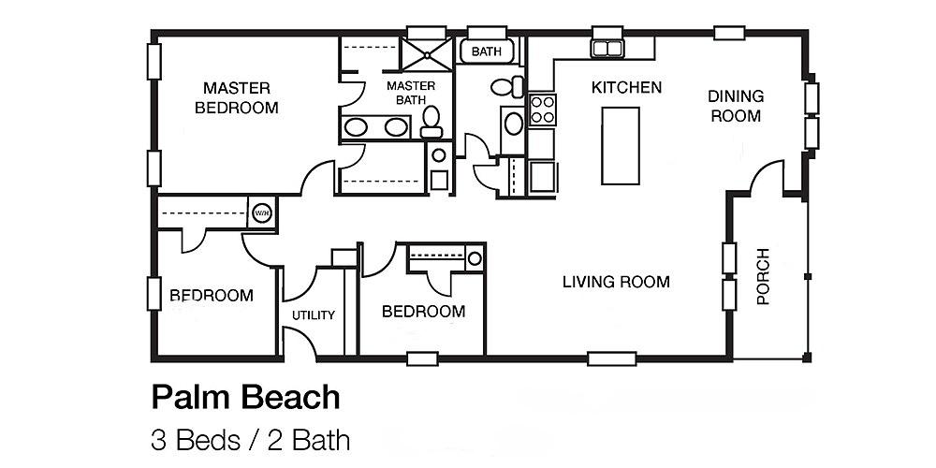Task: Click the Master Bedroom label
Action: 237,97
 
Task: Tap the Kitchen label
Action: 626,88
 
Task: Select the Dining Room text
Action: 735,106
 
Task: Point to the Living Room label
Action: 616,282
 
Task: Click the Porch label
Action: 763,277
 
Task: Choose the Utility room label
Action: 313,315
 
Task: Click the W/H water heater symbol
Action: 261,212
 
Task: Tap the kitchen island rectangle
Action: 620,145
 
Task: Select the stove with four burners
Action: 543,110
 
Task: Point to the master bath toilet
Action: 431,120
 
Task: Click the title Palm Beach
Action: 245,397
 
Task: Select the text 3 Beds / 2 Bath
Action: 250,439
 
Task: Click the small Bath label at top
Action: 486,51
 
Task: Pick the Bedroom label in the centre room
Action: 423,312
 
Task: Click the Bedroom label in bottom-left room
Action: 211,296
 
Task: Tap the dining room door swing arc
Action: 768,173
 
